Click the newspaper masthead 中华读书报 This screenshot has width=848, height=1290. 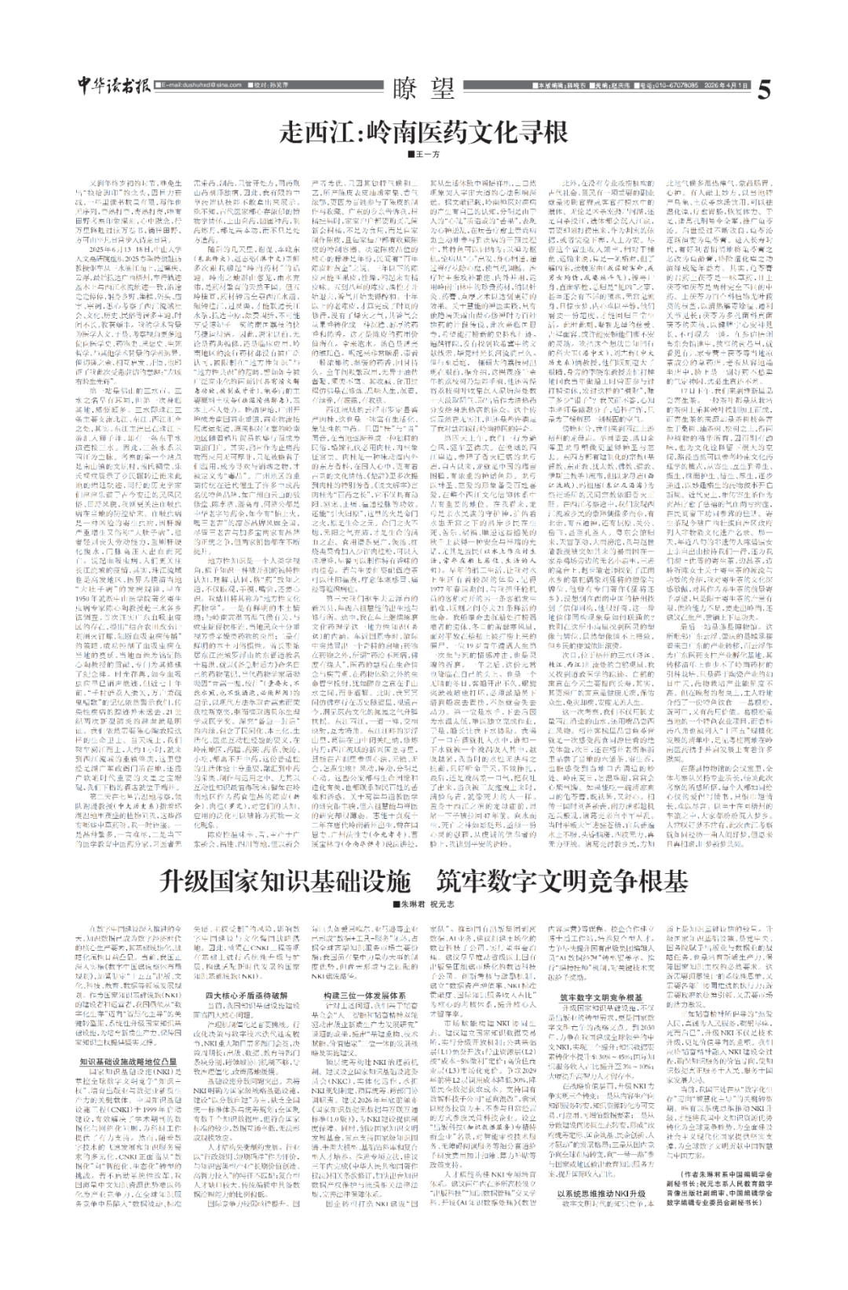click(116, 86)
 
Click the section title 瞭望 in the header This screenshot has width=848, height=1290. click(424, 86)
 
